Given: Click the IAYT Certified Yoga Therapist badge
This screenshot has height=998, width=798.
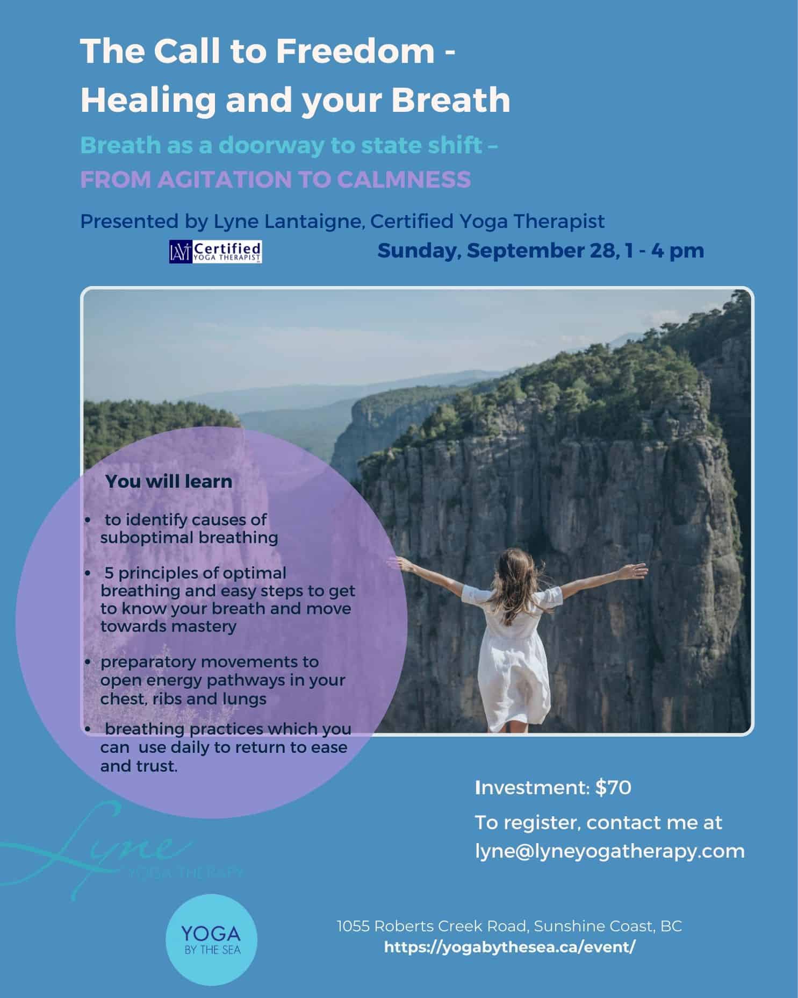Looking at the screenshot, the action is (215, 252).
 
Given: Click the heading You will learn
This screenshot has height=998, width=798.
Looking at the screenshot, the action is (169, 481).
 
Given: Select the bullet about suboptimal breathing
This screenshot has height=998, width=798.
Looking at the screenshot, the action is (183, 529).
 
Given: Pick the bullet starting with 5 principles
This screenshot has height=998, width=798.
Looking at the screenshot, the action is (220, 600).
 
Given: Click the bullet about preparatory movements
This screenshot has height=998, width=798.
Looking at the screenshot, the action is (215, 680).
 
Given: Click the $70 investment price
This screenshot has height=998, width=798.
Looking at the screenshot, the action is (613, 788).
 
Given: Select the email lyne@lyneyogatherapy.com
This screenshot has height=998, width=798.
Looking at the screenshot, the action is (610, 851).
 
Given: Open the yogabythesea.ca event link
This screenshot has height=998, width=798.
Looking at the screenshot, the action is (510, 947).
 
